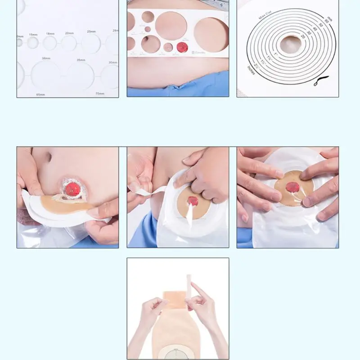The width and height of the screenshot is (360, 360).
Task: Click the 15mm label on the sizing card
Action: point(33,35)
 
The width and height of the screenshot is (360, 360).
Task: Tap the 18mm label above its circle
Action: point(50,34)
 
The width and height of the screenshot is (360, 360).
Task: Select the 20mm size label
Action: point(69,33)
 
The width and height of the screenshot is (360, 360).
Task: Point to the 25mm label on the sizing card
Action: point(91,31)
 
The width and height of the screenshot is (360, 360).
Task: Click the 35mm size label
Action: point(81,60)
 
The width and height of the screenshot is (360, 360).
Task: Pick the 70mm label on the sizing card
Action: point(100,94)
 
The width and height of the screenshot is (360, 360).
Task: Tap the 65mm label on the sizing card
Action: point(41,94)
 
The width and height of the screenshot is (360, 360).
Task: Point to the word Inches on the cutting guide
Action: point(251,70)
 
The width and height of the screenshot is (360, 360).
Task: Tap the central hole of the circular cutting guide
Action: point(290,45)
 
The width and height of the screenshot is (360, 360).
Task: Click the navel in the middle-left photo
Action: point(48,158)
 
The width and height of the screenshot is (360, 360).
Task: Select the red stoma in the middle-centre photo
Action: point(193,201)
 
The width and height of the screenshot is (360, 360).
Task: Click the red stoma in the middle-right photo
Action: point(293,187)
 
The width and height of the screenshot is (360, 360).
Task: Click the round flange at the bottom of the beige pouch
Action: point(178,354)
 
